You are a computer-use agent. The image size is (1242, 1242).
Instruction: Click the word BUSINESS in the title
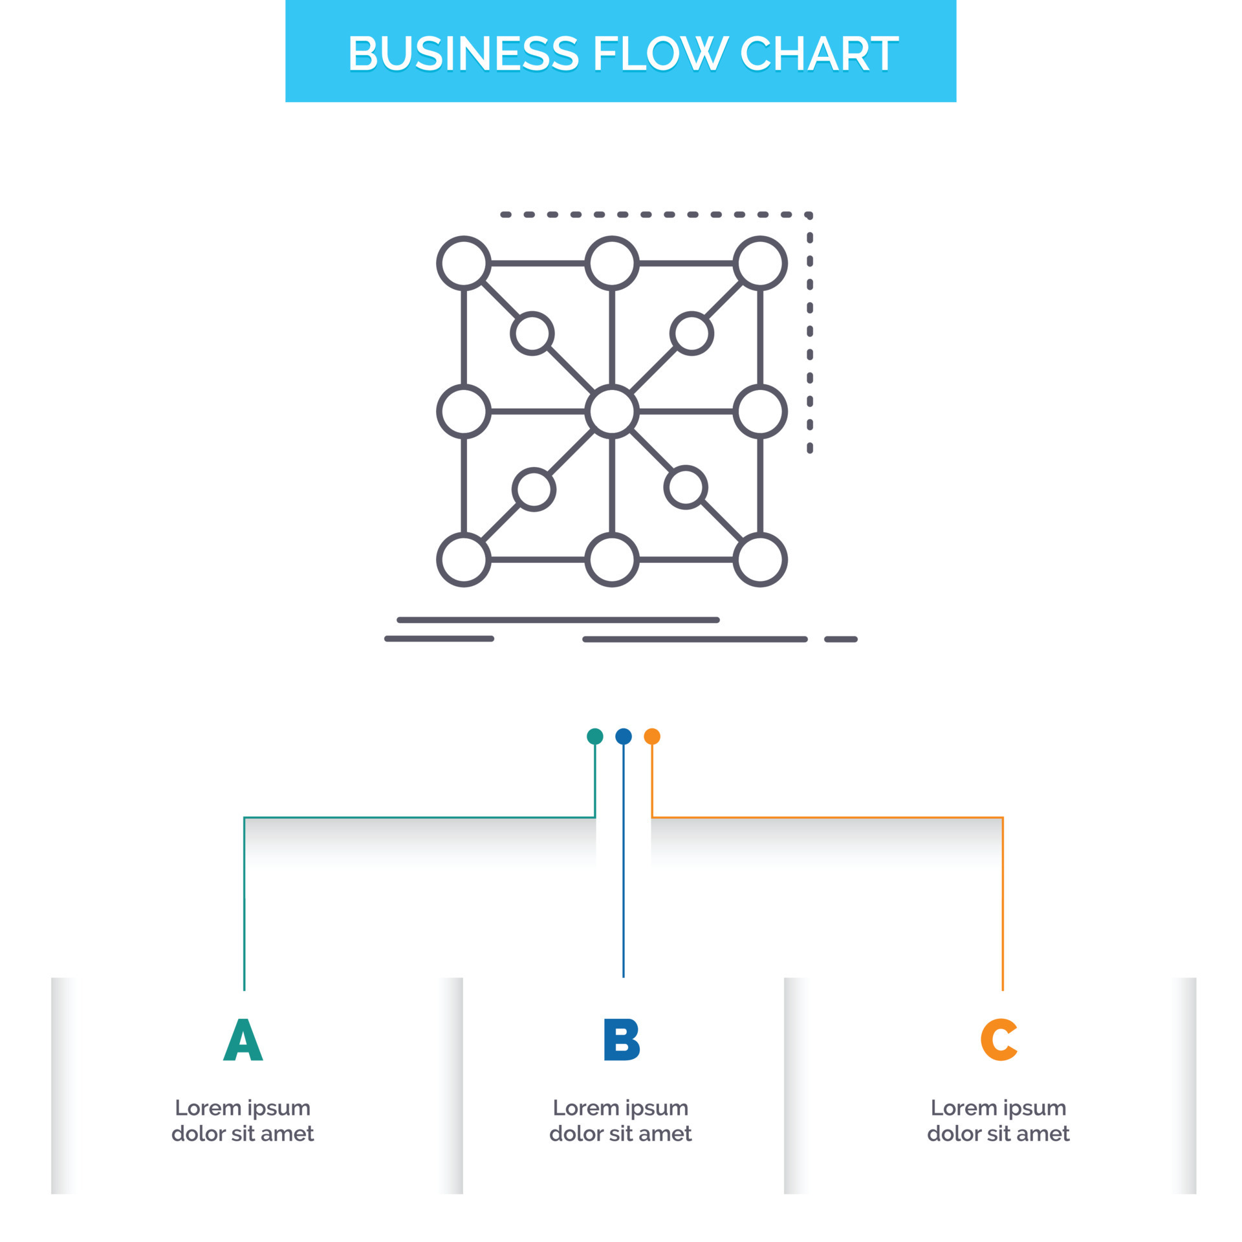(x=463, y=53)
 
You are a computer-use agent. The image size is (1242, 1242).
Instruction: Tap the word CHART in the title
(x=819, y=53)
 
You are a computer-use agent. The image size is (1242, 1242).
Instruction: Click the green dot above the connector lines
(x=594, y=736)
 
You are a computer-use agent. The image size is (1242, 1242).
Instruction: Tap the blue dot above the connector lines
(x=624, y=736)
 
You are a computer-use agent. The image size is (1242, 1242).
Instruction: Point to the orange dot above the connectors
(x=652, y=736)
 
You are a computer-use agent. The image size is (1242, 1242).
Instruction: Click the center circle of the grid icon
(x=612, y=411)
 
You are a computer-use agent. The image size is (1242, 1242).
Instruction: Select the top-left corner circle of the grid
(x=464, y=263)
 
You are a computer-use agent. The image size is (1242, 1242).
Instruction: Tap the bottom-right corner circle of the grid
(x=760, y=560)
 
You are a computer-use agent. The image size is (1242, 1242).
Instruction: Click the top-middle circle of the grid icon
(x=612, y=263)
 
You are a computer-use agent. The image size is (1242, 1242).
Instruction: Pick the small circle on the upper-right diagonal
(x=692, y=334)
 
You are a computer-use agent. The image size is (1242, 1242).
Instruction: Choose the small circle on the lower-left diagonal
(x=534, y=490)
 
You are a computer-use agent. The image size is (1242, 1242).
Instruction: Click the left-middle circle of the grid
(x=464, y=411)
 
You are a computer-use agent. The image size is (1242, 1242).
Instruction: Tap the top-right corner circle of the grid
(x=760, y=263)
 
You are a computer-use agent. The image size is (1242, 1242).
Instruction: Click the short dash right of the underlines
(x=841, y=639)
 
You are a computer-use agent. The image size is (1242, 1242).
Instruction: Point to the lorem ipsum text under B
(x=620, y=1120)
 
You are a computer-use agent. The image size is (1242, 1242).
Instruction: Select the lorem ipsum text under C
(x=998, y=1120)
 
